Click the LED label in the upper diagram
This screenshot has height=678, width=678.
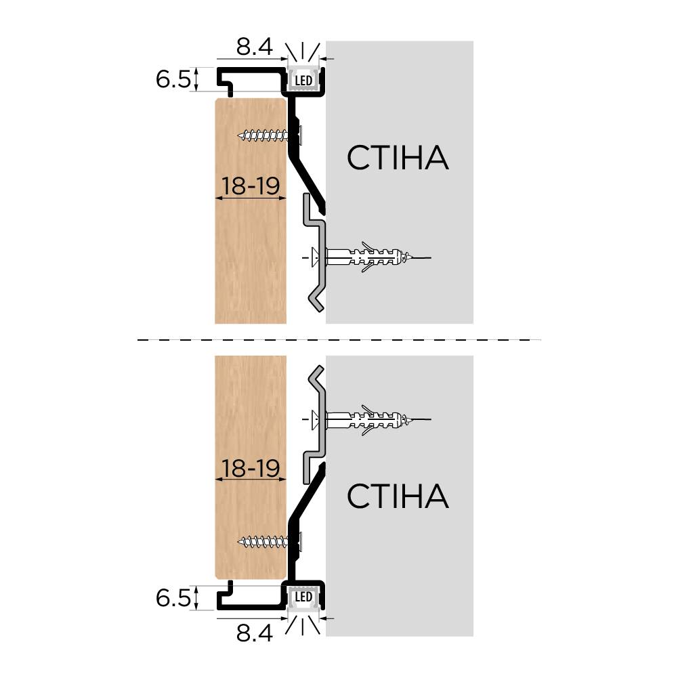[303, 81]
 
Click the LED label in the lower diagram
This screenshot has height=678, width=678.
[303, 597]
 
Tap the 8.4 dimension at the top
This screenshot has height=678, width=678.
[254, 47]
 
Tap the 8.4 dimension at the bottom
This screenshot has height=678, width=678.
[254, 633]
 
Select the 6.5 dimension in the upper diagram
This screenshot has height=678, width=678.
[173, 79]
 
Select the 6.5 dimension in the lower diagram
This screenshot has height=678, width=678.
[173, 598]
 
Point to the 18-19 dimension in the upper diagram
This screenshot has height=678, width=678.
[251, 186]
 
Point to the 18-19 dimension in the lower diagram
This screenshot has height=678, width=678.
[251, 468]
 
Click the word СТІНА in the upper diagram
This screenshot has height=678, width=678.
[398, 157]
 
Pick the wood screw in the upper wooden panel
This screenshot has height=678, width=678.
[270, 135]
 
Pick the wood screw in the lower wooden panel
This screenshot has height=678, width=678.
[270, 541]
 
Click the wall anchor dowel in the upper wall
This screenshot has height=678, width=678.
[368, 257]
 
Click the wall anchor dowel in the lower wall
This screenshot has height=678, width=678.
[368, 419]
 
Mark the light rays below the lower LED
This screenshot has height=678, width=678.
[303, 625]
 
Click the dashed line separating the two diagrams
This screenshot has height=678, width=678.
[339, 340]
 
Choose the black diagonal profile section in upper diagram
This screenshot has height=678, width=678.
[307, 178]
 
